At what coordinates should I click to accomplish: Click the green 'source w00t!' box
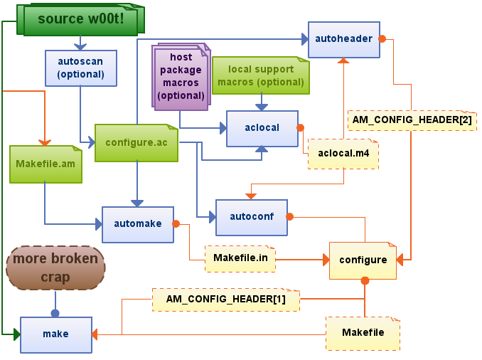(80, 19)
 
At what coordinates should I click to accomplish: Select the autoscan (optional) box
(80, 68)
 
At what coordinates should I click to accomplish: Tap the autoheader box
(343, 39)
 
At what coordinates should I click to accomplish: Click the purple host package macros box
(181, 76)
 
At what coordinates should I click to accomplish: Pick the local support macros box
(260, 75)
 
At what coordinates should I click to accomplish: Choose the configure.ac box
(136, 142)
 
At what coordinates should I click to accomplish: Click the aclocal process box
(262, 128)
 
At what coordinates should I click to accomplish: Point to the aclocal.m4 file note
(343, 154)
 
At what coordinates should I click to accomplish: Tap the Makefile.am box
(45, 164)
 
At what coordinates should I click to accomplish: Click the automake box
(137, 224)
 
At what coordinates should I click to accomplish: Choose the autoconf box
(252, 216)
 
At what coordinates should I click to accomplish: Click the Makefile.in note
(240, 258)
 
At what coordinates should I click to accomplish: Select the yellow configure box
(363, 260)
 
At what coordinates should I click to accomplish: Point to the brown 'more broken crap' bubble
(55, 268)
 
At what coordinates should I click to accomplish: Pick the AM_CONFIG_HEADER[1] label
(225, 300)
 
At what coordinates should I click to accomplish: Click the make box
(55, 334)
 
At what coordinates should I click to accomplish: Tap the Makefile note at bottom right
(363, 333)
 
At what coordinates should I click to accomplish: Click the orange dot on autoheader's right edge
(382, 38)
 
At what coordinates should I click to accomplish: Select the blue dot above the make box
(55, 312)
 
